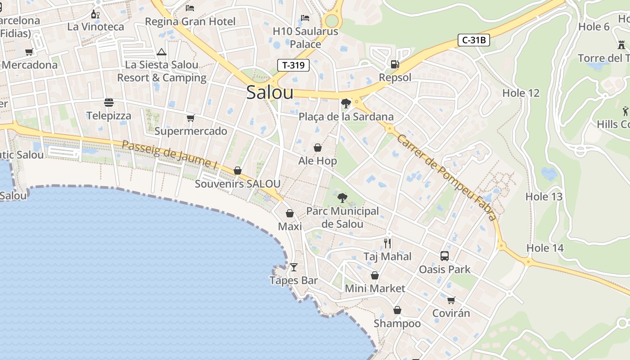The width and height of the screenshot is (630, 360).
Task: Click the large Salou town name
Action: click(x=270, y=93)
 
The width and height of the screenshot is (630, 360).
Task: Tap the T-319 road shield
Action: click(x=293, y=65)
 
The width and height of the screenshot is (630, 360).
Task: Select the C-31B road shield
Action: click(x=474, y=40)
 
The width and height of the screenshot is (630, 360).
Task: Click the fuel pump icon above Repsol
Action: click(x=395, y=64)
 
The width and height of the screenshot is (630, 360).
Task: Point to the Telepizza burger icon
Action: click(x=109, y=103)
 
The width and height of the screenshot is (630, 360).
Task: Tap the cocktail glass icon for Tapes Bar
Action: click(x=294, y=267)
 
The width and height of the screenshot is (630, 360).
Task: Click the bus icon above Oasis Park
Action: click(x=445, y=256)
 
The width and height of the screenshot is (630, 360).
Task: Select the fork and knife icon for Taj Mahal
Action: click(x=387, y=243)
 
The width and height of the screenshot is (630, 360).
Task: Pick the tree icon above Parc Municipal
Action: click(x=342, y=198)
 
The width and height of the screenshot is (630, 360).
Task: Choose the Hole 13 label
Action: click(x=544, y=197)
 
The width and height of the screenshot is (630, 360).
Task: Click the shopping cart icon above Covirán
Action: click(x=451, y=300)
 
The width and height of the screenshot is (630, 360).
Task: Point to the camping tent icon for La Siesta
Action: click(x=162, y=52)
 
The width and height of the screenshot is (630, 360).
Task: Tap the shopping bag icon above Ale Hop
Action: click(x=318, y=148)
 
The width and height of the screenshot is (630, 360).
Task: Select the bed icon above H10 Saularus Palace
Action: click(x=305, y=18)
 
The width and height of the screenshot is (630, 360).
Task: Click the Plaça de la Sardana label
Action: click(x=346, y=117)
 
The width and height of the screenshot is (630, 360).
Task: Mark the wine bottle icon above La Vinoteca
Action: click(x=95, y=14)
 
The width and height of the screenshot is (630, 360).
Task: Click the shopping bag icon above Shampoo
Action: click(x=397, y=310)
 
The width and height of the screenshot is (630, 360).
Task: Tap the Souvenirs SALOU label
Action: click(x=238, y=184)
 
